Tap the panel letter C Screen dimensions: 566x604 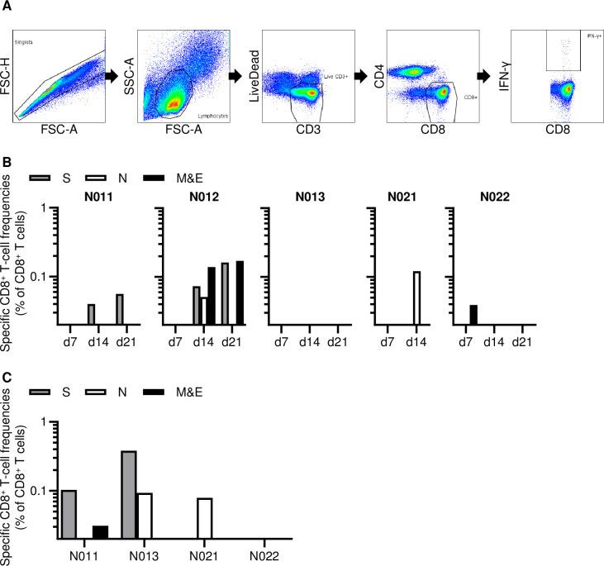[6, 377]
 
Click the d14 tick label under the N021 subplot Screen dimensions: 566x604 [416, 341]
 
